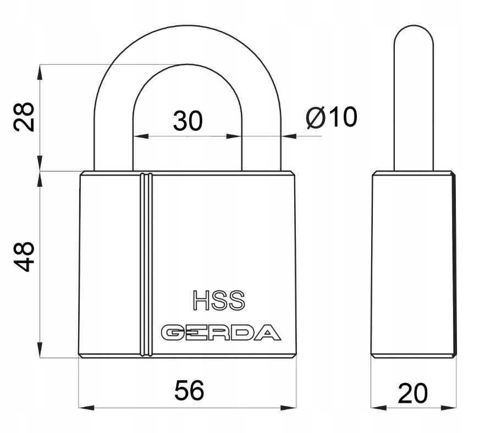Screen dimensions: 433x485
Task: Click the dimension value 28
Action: (x=25, y=116)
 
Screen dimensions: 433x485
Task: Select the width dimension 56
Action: (x=189, y=391)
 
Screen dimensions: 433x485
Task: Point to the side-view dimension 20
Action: (x=412, y=393)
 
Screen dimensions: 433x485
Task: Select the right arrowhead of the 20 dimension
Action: (x=452, y=408)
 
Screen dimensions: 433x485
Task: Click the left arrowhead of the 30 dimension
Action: (x=137, y=135)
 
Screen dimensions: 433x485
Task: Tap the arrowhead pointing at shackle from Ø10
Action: (x=286, y=135)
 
